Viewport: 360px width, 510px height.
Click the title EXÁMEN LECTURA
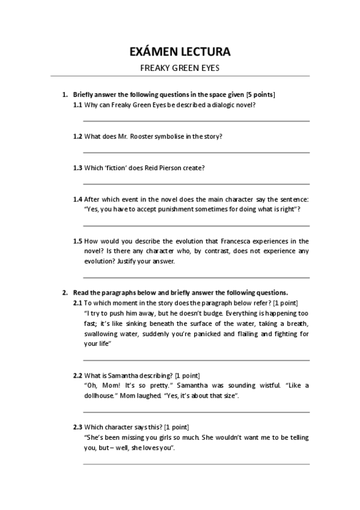click(180, 52)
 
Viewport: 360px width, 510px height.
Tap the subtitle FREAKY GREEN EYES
click(180, 68)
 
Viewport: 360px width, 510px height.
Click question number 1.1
click(78, 105)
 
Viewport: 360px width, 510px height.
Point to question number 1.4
click(78, 199)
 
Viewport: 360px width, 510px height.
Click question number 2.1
click(78, 303)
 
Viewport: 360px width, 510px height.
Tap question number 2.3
click(78, 427)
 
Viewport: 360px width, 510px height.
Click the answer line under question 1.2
click(196, 152)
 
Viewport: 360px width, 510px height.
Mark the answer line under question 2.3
click(196, 464)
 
